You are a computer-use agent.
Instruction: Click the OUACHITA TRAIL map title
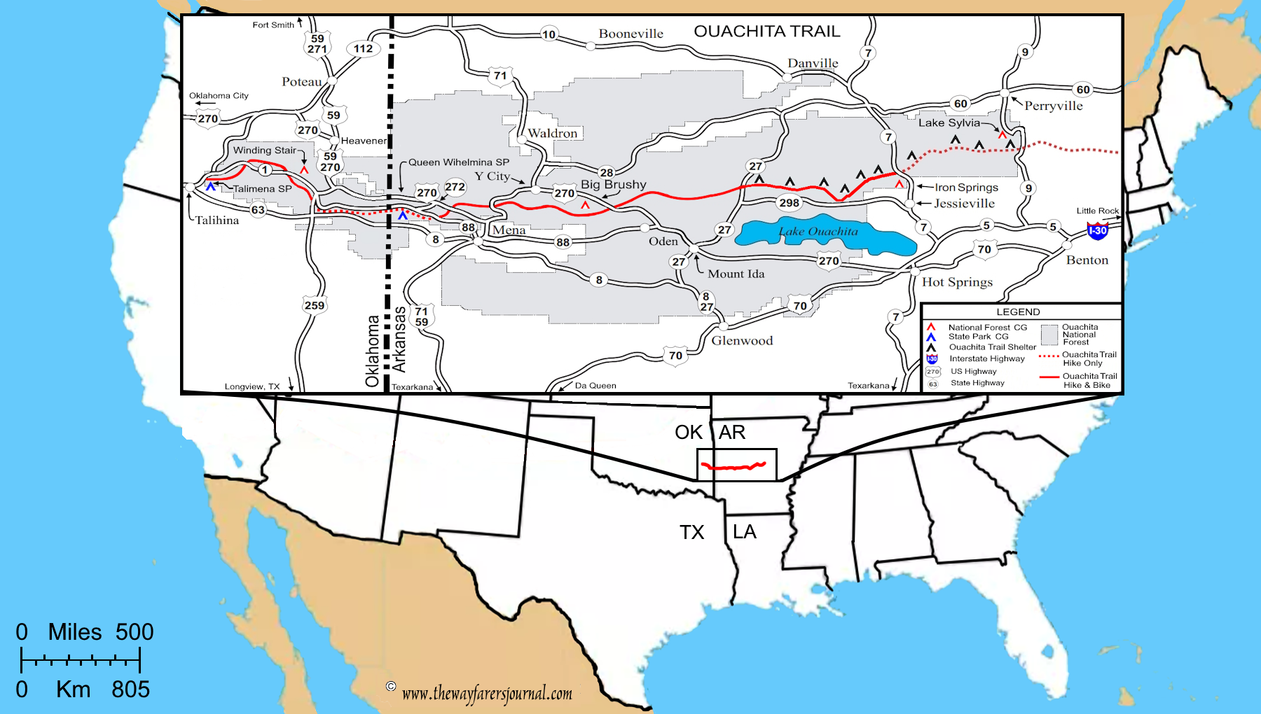(x=766, y=31)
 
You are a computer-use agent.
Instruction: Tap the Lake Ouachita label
(x=818, y=232)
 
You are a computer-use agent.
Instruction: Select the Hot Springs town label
(x=957, y=282)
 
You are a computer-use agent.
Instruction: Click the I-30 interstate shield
(x=1097, y=230)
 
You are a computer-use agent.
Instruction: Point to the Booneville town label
(x=630, y=34)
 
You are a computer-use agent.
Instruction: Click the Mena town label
(x=509, y=230)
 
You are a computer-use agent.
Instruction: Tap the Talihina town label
(x=216, y=220)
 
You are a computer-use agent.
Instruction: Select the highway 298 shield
(x=789, y=203)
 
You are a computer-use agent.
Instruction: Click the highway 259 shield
(x=315, y=305)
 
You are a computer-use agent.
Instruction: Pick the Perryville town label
(x=1053, y=106)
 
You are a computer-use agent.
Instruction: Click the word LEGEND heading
(x=1018, y=312)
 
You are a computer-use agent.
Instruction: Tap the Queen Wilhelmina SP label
(x=459, y=162)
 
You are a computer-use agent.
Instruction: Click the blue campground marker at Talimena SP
(x=210, y=186)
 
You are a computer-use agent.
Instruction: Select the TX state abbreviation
(x=691, y=533)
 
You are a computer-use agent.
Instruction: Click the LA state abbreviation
(x=744, y=532)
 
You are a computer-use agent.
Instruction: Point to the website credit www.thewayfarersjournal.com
(x=487, y=694)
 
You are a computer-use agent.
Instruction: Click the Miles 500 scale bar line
(x=81, y=659)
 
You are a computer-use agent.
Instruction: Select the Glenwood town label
(x=742, y=341)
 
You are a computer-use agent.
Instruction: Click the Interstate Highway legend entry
(x=986, y=359)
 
